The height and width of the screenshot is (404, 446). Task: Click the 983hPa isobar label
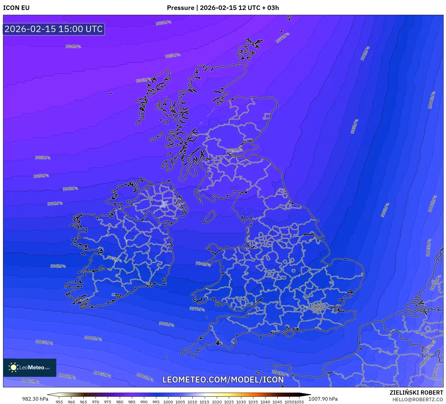coord(163,23)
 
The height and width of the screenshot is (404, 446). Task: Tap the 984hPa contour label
coord(73,46)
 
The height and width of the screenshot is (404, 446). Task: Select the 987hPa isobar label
coord(282,38)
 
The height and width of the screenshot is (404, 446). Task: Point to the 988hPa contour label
coord(43,157)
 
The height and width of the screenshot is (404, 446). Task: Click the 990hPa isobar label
coord(70,189)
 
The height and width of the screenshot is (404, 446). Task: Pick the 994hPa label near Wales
coord(203,263)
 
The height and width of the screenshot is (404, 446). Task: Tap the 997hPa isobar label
coord(197,309)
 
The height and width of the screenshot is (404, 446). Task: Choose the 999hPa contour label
coord(166,324)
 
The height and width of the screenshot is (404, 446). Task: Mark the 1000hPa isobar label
coord(431,100)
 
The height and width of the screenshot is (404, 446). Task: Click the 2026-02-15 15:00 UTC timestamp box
coord(54,29)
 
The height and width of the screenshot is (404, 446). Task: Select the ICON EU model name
coord(16,8)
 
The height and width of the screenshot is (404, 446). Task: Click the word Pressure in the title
coord(181,8)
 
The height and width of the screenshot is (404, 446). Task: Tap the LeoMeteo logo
coord(30,367)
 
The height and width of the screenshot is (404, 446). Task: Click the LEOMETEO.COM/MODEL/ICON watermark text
coord(223,380)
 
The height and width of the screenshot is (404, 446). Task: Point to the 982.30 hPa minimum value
coord(35,399)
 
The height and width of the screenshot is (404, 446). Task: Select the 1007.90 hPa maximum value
coord(323,399)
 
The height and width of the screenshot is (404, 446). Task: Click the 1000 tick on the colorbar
coord(168,402)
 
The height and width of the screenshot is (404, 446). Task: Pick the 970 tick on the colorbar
coord(96,402)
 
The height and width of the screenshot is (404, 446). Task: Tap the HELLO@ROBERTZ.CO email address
coord(418,399)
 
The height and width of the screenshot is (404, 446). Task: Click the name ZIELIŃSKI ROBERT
coord(416,393)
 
